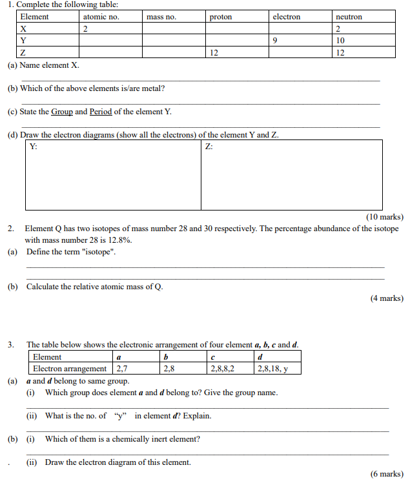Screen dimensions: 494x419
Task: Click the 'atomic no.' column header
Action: pos(101,17)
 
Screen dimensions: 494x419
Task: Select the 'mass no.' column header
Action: pos(161,17)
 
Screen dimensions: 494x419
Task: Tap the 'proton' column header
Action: pos(221,17)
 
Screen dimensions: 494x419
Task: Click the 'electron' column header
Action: pos(286,17)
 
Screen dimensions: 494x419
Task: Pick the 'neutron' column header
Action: pos(349,17)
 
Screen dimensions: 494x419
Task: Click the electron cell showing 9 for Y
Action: pos(275,40)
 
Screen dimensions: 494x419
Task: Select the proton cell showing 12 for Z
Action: pos(214,52)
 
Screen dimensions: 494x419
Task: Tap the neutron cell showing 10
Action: pos(341,40)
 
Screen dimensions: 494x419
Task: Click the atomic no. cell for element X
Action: pos(85,28)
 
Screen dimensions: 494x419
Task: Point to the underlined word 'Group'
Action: pos(62,112)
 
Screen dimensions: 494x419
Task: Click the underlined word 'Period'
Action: pos(101,112)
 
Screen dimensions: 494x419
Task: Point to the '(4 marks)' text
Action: pos(387,298)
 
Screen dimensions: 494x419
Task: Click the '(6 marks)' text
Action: pos(387,474)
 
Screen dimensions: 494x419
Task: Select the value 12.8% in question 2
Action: pos(121,240)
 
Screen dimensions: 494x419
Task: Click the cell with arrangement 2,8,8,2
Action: pos(222,369)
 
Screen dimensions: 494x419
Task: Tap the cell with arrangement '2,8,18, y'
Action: pos(272,369)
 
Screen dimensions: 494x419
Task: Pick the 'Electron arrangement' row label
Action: pos(70,369)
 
